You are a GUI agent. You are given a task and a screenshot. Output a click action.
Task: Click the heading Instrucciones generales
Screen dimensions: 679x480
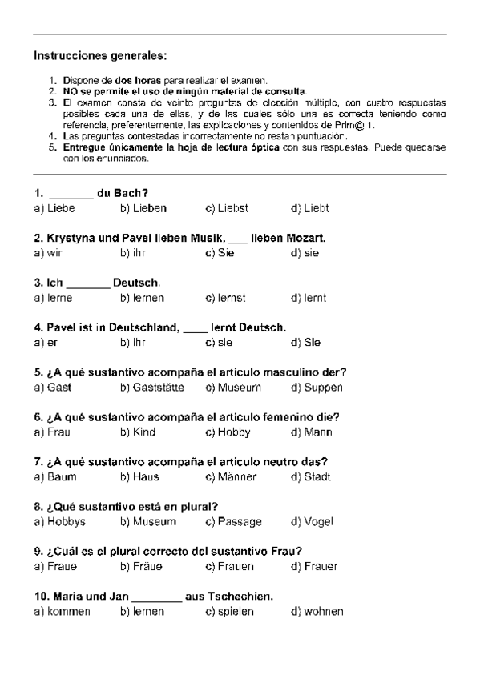click(x=101, y=56)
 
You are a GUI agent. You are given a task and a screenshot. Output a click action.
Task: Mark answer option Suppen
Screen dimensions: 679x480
click(x=323, y=388)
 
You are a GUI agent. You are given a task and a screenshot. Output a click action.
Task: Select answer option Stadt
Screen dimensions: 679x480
click(x=317, y=477)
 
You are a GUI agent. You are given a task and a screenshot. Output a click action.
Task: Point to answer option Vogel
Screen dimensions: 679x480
click(x=320, y=522)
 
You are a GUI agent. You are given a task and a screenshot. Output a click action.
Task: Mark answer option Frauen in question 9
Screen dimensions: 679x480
click(x=236, y=567)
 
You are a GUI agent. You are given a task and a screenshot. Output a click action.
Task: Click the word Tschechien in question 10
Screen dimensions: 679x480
click(x=237, y=597)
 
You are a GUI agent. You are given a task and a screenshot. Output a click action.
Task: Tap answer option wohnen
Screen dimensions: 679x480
click(x=324, y=612)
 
